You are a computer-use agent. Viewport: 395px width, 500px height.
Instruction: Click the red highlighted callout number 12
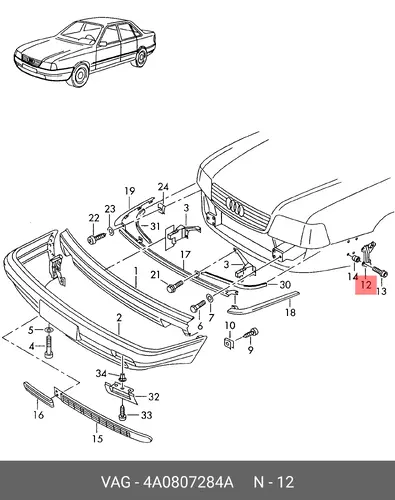(366, 284)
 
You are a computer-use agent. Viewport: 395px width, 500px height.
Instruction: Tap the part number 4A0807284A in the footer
(188, 482)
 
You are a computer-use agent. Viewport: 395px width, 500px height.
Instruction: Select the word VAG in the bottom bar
(115, 482)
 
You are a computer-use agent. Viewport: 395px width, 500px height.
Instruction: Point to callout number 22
(94, 218)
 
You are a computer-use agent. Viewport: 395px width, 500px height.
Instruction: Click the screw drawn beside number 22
(96, 238)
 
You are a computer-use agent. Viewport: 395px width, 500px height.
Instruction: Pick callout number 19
(130, 191)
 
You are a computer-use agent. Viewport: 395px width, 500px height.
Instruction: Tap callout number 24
(163, 187)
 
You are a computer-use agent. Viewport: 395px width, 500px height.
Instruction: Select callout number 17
(186, 255)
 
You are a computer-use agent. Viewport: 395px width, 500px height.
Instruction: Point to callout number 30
(285, 285)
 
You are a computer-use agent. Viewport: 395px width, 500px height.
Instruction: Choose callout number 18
(290, 312)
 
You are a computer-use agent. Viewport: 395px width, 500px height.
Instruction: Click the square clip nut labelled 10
(229, 343)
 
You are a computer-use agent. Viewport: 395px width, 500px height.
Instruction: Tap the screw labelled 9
(251, 334)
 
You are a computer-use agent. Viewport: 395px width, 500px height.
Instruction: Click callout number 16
(39, 415)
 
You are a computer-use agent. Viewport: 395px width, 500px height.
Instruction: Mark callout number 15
(98, 439)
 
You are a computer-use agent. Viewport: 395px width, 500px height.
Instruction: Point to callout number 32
(154, 397)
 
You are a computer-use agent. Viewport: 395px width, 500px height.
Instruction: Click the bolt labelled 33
(122, 412)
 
